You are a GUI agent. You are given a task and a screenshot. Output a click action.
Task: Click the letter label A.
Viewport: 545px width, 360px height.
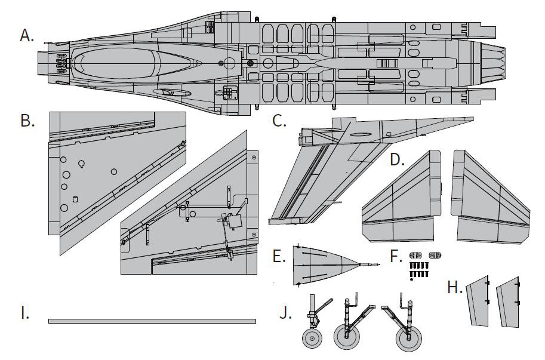[27, 36]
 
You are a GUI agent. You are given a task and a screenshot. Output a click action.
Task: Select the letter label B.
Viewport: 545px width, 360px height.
[27, 121]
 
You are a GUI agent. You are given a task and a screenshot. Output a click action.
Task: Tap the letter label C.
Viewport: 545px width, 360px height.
[279, 121]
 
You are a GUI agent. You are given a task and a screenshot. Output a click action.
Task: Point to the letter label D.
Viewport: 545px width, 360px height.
[397, 160]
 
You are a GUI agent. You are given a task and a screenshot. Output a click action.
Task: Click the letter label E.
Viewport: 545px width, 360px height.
[278, 257]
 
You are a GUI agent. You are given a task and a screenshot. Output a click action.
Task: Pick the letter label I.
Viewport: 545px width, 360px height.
[25, 313]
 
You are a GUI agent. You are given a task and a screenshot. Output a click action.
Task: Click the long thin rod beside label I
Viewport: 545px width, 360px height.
[152, 321]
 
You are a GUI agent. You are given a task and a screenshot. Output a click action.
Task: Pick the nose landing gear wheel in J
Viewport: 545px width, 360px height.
[311, 339]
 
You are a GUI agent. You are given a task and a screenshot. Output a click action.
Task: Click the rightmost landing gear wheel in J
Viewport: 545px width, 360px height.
[409, 339]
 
